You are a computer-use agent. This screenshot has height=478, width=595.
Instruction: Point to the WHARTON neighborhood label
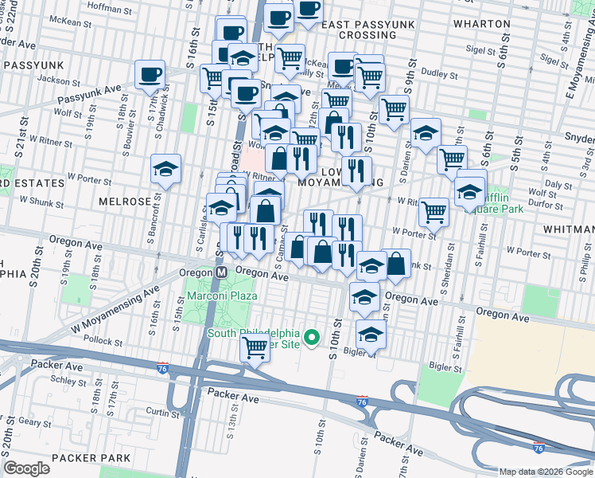tap(481, 24)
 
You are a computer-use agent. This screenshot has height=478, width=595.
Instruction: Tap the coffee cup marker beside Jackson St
tap(150, 75)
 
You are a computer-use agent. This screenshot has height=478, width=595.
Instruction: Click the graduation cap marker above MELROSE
tap(165, 168)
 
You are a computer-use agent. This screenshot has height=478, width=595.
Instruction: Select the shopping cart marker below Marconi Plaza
tap(255, 347)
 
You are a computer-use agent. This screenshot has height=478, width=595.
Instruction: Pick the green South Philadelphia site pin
tap(313, 339)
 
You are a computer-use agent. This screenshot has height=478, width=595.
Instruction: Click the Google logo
tap(27, 468)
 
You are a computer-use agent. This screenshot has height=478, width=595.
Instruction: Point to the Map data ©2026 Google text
tap(545, 472)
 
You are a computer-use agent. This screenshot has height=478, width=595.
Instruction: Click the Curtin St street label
tap(162, 413)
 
